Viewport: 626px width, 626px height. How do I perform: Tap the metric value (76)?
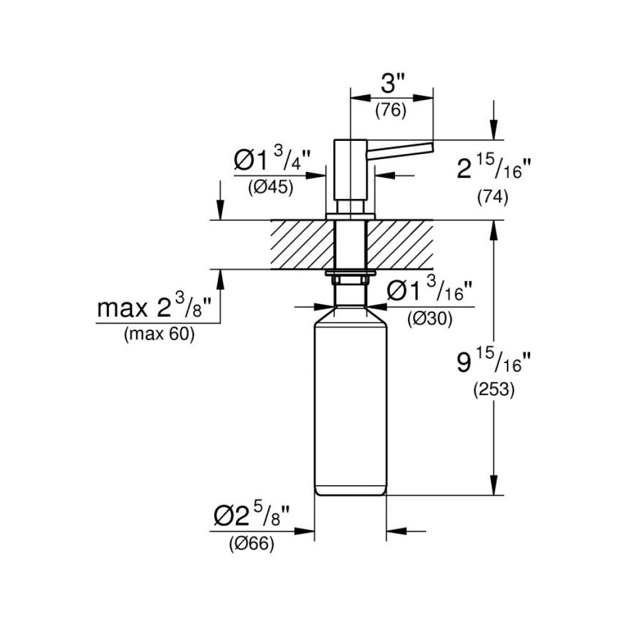391,111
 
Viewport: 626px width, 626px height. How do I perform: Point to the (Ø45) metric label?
270,187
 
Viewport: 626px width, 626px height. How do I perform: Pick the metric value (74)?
492,197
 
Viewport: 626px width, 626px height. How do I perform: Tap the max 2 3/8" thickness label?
158,308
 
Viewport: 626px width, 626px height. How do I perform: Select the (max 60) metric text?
159,334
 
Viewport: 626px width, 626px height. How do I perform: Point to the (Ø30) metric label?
429,319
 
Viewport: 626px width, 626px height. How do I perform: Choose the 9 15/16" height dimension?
493,362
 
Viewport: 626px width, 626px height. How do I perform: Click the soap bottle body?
349,407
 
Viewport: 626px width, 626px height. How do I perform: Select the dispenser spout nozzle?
401,151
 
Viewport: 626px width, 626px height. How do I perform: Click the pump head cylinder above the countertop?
350,169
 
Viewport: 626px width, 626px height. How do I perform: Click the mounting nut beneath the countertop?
350,274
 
